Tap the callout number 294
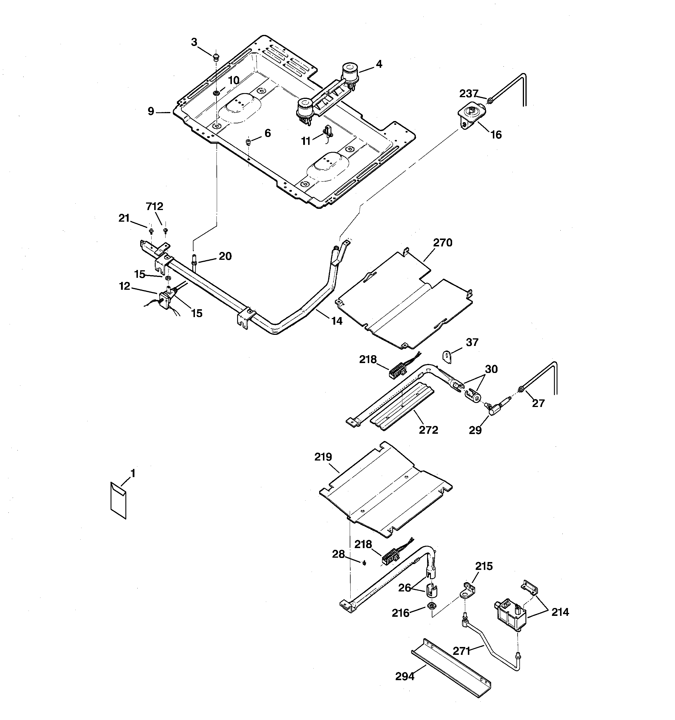point(405,676)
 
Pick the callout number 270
point(443,243)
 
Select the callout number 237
point(469,94)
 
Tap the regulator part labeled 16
point(470,113)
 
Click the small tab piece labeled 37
point(448,356)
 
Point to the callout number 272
point(429,430)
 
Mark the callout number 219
point(323,457)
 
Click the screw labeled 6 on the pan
point(248,142)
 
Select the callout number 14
point(337,321)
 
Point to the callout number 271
point(462,651)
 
